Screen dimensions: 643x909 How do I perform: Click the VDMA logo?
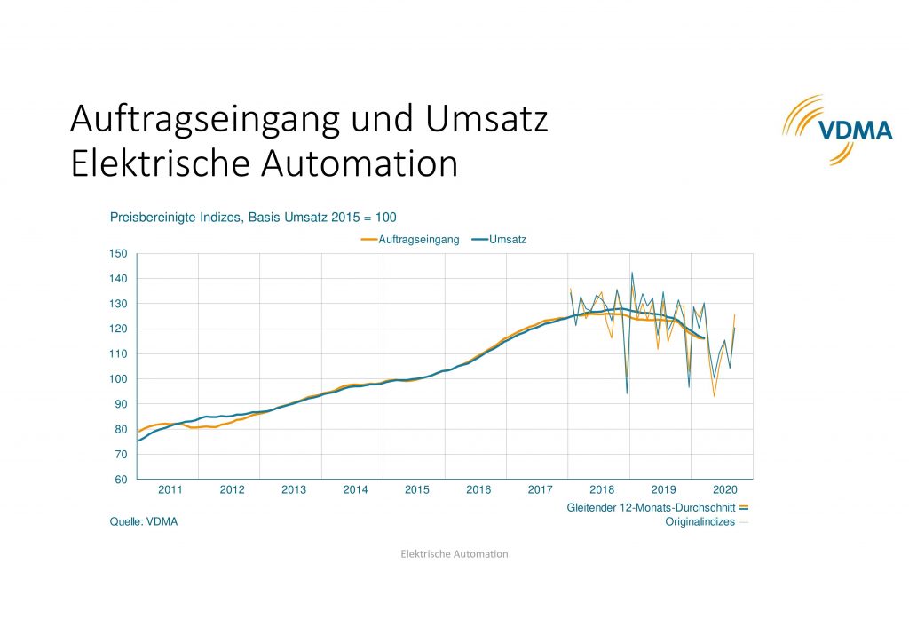pyautogui.click(x=835, y=130)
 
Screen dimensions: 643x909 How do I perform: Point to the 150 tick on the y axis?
pyautogui.click(x=119, y=254)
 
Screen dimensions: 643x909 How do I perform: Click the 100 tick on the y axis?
pyautogui.click(x=119, y=379)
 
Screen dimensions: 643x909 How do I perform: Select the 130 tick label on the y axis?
pyautogui.click(x=119, y=304)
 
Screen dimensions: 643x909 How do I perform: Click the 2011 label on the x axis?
pyautogui.click(x=170, y=489)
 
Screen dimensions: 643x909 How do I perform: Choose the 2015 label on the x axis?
pyautogui.click(x=417, y=489)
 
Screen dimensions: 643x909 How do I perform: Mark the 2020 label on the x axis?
pyautogui.click(x=726, y=489)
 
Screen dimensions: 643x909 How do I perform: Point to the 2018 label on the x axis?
pyautogui.click(x=602, y=489)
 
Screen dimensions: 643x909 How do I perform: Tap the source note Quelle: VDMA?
pyautogui.click(x=144, y=522)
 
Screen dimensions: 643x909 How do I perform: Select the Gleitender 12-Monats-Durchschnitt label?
pyautogui.click(x=651, y=507)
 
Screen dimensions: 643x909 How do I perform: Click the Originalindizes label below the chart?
pyautogui.click(x=700, y=522)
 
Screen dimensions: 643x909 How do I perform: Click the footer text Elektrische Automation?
pyautogui.click(x=454, y=554)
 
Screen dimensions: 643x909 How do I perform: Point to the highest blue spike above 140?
pyautogui.click(x=632, y=274)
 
